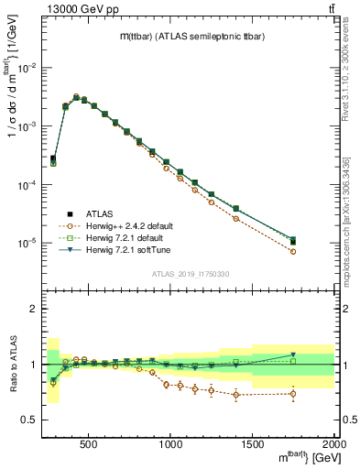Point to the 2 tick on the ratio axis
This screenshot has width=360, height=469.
[x=35, y=309]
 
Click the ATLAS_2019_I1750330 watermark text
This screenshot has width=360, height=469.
[x=189, y=274]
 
